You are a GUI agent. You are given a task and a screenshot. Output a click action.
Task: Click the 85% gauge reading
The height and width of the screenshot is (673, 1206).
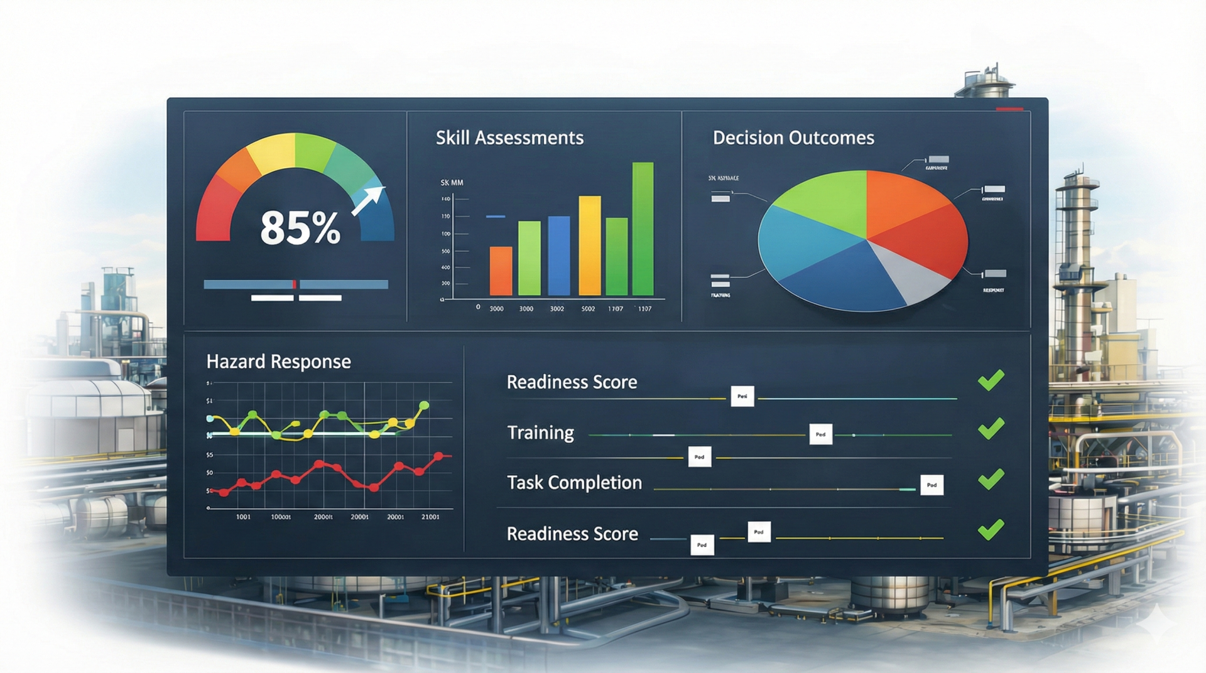pos(300,227)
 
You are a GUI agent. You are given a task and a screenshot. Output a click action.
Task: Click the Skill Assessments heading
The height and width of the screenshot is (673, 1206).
pos(509,137)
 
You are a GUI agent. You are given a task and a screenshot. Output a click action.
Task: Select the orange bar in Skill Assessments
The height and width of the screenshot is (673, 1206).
pos(501,271)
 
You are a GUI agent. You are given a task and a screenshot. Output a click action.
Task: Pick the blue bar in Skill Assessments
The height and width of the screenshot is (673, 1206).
pos(559,256)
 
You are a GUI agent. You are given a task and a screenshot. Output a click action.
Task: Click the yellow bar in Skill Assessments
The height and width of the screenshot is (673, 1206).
pos(589,245)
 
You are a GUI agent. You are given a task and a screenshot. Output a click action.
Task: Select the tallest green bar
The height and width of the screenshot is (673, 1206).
pos(643,229)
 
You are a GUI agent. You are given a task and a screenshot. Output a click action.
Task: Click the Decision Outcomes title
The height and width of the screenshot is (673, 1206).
pos(793,137)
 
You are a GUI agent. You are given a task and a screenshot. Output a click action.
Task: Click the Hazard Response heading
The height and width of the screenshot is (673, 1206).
pos(278,362)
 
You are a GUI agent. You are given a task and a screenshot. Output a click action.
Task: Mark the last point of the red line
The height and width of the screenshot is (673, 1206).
pos(439,456)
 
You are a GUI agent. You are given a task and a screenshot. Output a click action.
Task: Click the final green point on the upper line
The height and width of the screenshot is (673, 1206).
pos(424,405)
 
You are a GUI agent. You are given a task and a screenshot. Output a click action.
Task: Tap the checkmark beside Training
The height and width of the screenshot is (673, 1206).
pos(991,429)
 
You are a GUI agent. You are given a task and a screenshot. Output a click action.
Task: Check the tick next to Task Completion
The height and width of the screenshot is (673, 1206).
pos(991,479)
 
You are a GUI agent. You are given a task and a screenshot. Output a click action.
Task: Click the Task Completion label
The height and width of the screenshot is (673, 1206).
pos(574,483)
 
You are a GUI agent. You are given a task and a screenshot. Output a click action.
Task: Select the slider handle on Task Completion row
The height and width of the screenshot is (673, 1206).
pos(932,485)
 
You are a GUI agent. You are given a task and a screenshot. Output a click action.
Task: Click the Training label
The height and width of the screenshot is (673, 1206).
pos(540,433)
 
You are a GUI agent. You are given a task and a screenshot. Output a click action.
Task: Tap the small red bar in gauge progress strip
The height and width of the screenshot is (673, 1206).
pos(294,284)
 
